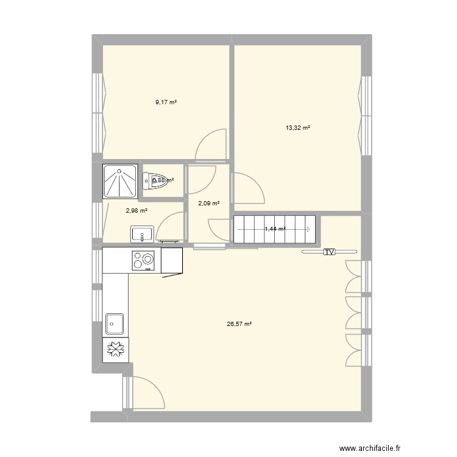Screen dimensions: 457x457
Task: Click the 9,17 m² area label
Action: pyautogui.click(x=166, y=102)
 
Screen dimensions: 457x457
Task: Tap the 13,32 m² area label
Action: pyautogui.click(x=298, y=128)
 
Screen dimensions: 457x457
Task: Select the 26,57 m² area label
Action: pyautogui.click(x=239, y=325)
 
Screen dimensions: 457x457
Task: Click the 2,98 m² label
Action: pyautogui.click(x=136, y=211)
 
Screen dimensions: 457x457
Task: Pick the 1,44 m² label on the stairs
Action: pyautogui.click(x=275, y=229)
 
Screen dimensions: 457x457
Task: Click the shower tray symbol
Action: pyautogui.click(x=120, y=182)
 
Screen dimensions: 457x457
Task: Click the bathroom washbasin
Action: pyautogui.click(x=143, y=234)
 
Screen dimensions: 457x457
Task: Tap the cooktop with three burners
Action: pyautogui.click(x=144, y=260)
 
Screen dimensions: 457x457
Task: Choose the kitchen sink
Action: pyautogui.click(x=115, y=324)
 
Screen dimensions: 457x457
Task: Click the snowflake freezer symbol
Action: pyautogui.click(x=115, y=349)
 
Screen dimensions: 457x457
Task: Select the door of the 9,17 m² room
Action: pyautogui.click(x=211, y=145)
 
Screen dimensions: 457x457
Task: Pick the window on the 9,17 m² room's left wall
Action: pyautogui.click(x=97, y=112)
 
